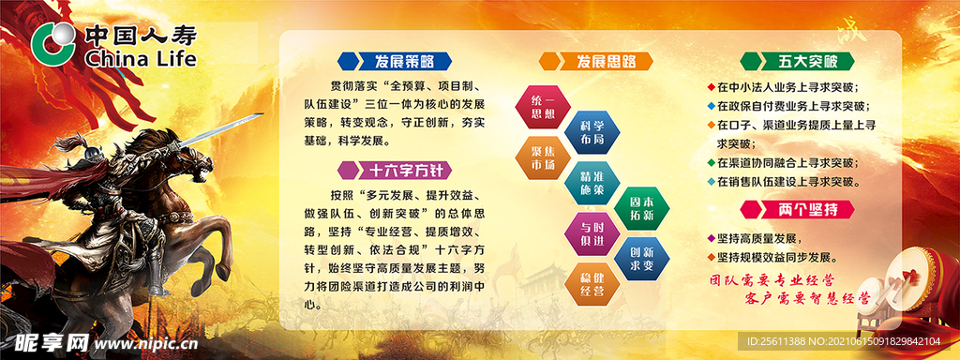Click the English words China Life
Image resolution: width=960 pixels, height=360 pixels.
[140, 60]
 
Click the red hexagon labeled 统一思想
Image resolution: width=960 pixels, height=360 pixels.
[543, 107]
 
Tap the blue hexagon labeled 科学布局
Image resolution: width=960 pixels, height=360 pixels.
[592, 130]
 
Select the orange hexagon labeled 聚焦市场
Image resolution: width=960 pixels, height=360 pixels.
[543, 157]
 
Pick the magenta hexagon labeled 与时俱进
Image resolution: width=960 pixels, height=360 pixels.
[592, 233]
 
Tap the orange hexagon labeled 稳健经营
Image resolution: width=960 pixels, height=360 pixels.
[592, 284]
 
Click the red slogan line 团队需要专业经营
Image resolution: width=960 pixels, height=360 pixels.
[772, 280]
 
